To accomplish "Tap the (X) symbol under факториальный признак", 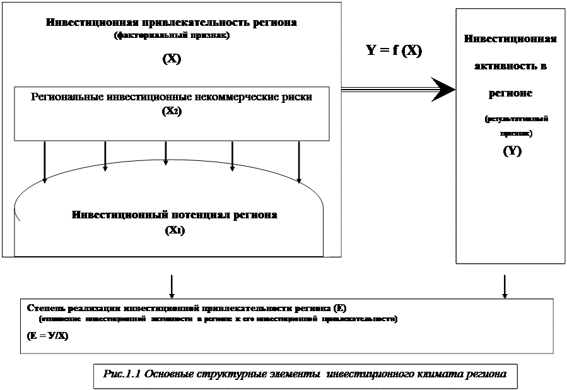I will [172, 59].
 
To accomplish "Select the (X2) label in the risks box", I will [172, 110].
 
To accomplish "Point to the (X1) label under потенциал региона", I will [175, 230].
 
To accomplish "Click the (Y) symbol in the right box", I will [511, 151].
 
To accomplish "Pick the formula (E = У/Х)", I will [48, 336].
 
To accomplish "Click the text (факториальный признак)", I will [172, 36].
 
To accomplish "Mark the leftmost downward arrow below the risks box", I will [45, 162].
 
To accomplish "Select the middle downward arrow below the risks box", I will [166, 153].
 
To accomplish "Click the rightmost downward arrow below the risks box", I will [299, 162].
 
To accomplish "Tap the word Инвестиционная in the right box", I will [510, 39].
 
